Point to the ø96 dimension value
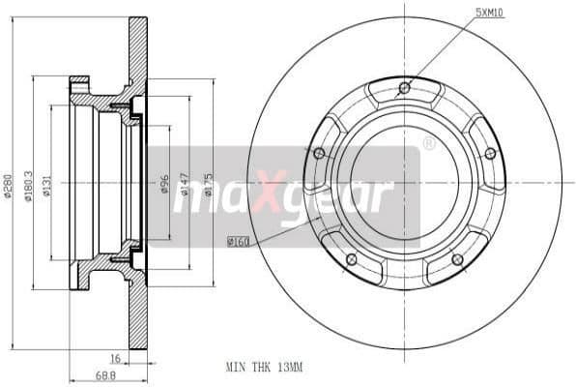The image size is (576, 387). coord(165,183)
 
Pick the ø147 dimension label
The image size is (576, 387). coord(183,183)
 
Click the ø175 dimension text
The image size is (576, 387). coord(207,183)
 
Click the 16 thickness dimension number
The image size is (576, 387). coord(113,357)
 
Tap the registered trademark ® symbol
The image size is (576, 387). coord(428,144)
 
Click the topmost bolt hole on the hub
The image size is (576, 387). coord(404,90)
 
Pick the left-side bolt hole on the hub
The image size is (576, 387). coord(319,153)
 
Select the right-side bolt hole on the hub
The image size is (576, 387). coord(490,153)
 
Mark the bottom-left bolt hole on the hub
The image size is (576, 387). coord(351,258)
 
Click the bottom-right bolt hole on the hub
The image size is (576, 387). coord(457,258)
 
